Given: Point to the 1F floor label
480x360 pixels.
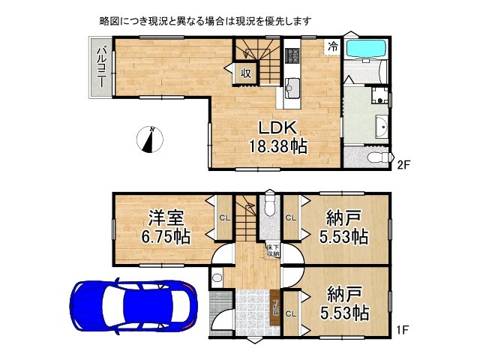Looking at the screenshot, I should [403, 328].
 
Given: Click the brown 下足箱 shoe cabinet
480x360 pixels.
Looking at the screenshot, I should [274, 308].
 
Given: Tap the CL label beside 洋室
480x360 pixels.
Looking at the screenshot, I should [224, 219].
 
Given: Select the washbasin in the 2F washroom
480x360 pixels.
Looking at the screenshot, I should [382, 127].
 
